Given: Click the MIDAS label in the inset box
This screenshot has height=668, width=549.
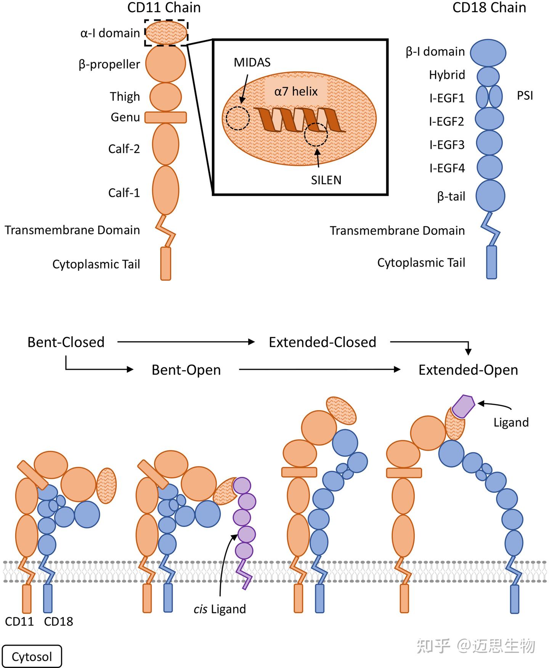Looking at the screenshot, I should click(x=252, y=63).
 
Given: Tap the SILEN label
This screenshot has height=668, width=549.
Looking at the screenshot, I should click(x=326, y=180).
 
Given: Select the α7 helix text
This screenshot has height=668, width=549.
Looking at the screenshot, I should click(x=296, y=92).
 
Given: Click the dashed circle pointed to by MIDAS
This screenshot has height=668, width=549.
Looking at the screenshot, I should click(x=238, y=118).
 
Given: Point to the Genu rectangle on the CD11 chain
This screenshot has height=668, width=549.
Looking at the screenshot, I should click(x=165, y=118).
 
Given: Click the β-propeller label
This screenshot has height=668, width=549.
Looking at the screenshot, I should click(x=109, y=64).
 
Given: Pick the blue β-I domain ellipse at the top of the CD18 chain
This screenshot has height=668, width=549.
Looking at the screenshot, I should click(x=488, y=53).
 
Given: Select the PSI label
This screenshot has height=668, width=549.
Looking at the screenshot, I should click(x=525, y=95).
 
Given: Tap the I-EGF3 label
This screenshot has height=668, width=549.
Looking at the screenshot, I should click(x=447, y=145).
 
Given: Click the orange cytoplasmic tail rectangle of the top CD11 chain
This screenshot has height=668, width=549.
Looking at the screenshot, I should click(x=165, y=263).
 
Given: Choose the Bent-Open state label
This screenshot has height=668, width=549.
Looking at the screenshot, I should click(x=186, y=370).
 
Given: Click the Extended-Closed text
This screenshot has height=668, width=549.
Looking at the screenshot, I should click(x=322, y=342).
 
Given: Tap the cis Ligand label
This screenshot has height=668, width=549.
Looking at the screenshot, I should click(x=220, y=609).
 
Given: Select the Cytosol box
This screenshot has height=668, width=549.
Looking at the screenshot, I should click(x=32, y=657).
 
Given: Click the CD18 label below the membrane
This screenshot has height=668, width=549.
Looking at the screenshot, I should click(x=58, y=621).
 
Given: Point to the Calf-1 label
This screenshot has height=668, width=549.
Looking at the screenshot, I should click(x=124, y=193).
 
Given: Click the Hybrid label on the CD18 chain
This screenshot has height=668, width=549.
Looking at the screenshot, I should click(x=447, y=75).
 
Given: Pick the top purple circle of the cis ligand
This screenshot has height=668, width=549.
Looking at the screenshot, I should click(x=242, y=486).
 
